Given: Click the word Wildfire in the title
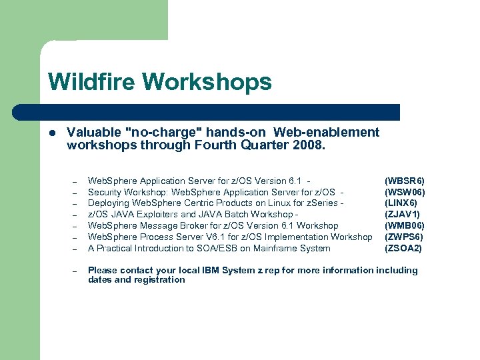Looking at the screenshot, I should click(92, 82).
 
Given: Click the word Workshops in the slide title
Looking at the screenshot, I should click(207, 82).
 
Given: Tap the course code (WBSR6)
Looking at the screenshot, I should click(405, 181).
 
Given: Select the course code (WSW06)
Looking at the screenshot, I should click(405, 192).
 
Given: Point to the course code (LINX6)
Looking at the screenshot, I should click(401, 203).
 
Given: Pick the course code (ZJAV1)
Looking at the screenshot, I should click(403, 215).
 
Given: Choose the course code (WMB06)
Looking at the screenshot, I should click(405, 226).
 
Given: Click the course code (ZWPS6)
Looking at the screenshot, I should click(404, 237).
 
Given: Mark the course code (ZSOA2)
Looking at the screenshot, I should click(403, 249).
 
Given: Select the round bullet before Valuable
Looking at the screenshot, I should click(52, 133).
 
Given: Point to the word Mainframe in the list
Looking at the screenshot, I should click(273, 249).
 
